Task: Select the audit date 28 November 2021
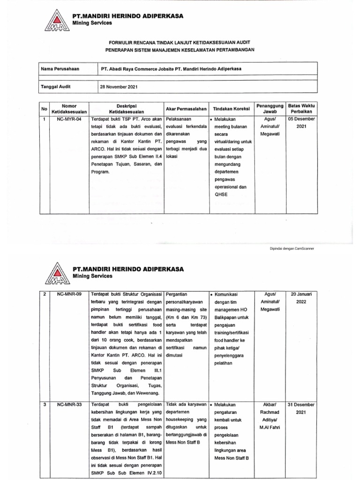tap(119, 87)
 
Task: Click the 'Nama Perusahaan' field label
tap(60, 69)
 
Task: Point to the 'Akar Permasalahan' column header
tap(186, 109)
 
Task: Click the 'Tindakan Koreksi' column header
tap(230, 109)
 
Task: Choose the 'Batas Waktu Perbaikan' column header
tap(301, 109)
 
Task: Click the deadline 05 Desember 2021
tap(301, 123)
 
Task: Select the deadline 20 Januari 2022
tap(301, 298)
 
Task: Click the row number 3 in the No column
tap(45, 404)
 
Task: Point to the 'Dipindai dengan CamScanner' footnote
tap(291, 248)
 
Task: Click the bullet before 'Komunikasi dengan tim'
tap(212, 294)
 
